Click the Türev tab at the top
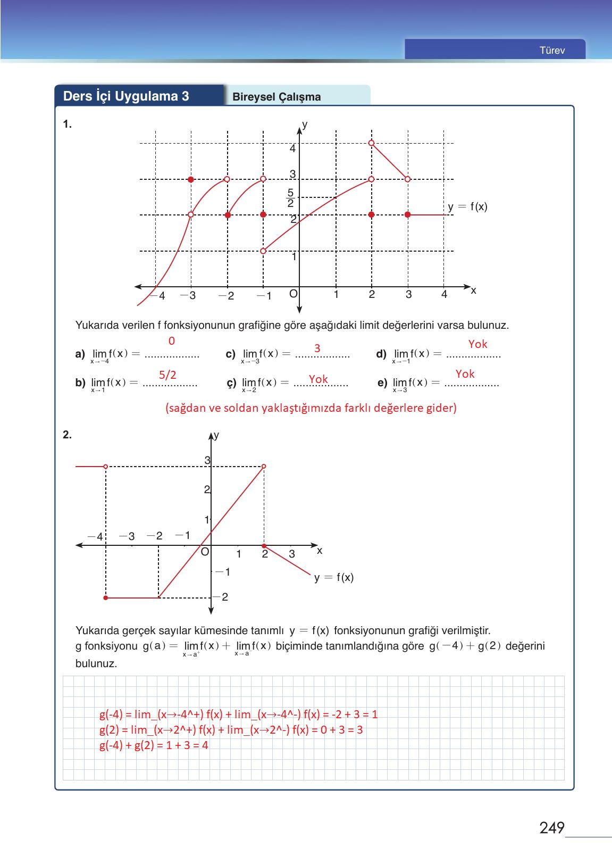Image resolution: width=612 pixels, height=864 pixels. pyautogui.click(x=551, y=51)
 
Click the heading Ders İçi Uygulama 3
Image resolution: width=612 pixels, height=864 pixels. pyautogui.click(x=126, y=96)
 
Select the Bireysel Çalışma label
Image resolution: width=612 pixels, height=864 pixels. pyautogui.click(x=276, y=97)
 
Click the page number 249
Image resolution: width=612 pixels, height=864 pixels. pyautogui.click(x=551, y=828)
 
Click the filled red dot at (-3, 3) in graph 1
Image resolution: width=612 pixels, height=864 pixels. pyautogui.click(x=191, y=180)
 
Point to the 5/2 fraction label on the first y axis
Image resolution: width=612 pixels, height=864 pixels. pyautogui.click(x=290, y=198)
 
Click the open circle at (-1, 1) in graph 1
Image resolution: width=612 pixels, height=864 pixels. pyautogui.click(x=263, y=251)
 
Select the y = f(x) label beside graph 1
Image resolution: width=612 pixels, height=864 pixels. pyautogui.click(x=467, y=207)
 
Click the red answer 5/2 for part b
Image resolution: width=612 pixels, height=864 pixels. pyautogui.click(x=167, y=375)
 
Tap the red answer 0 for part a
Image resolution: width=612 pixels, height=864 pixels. pyautogui.click(x=171, y=341)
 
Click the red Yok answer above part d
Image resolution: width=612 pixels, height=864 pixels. pyautogui.click(x=477, y=344)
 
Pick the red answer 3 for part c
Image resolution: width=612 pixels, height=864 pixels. pyautogui.click(x=317, y=348)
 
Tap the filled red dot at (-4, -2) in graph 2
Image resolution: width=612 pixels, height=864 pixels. pyautogui.click(x=106, y=598)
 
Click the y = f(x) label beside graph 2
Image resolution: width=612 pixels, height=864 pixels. pyautogui.click(x=333, y=577)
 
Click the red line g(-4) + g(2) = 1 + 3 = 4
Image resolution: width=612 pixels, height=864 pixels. pyautogui.click(x=154, y=745)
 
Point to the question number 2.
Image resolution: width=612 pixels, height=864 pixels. pyautogui.click(x=67, y=435)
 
